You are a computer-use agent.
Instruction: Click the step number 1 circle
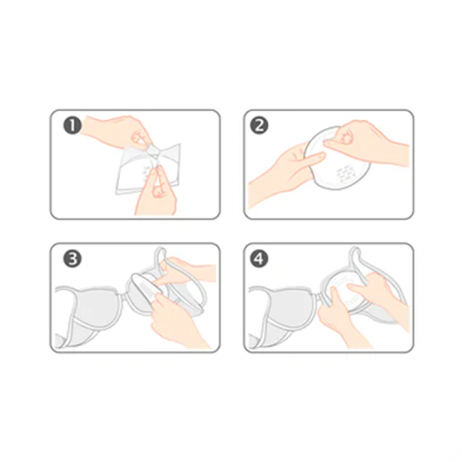pyautogui.click(x=72, y=126)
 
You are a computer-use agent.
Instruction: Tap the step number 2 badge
pyautogui.click(x=259, y=126)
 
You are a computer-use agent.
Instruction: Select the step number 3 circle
pyautogui.click(x=72, y=259)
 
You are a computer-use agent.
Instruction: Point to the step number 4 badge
pyautogui.click(x=259, y=259)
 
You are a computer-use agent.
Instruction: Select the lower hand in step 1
pyautogui.click(x=155, y=191)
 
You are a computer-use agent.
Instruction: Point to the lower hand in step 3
pyautogui.click(x=176, y=318)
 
